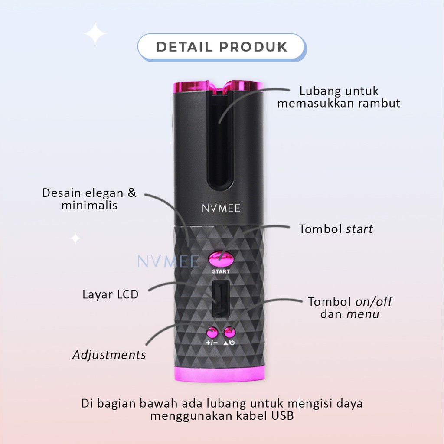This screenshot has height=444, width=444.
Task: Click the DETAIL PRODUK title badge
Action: click(222, 46)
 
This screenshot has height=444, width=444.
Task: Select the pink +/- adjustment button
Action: click(212, 333)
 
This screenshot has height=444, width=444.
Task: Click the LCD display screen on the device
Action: click(221, 300)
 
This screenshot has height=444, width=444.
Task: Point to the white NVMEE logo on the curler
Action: click(221, 208)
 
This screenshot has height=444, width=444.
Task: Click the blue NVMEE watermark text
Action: click(168, 261)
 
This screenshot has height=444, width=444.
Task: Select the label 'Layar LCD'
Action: click(111, 295)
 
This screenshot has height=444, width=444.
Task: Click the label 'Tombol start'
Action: click(336, 229)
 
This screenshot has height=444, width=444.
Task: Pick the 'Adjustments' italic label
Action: click(109, 355)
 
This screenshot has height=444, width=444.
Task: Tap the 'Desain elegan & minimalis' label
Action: click(89, 199)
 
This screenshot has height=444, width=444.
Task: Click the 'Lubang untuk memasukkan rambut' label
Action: click(339, 98)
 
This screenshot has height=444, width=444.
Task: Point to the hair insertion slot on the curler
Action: click(221, 143)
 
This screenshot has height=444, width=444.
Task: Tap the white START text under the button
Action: click(221, 271)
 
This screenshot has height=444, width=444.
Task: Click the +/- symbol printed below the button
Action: click(211, 343)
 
